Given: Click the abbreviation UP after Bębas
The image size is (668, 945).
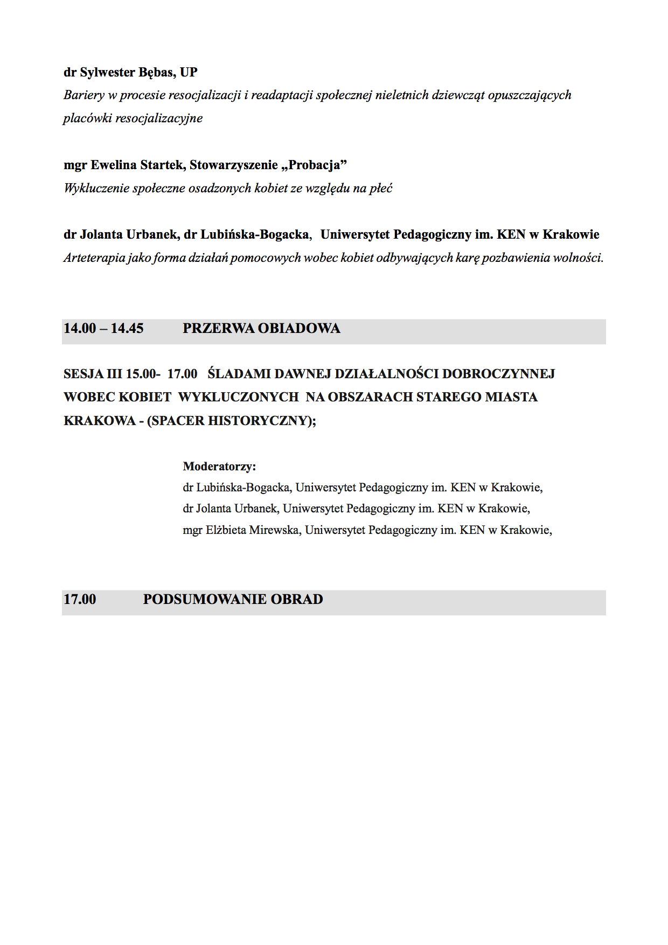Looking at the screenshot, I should point(189,72).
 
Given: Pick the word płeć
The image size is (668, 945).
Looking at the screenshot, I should point(380,188).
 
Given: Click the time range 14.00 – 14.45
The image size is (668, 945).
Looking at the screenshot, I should point(103,329).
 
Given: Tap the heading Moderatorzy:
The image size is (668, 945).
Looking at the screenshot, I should point(219,466).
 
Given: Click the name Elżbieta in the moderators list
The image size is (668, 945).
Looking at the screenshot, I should point(226,530).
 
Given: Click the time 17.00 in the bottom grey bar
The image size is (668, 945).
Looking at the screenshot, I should point(80,600).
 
